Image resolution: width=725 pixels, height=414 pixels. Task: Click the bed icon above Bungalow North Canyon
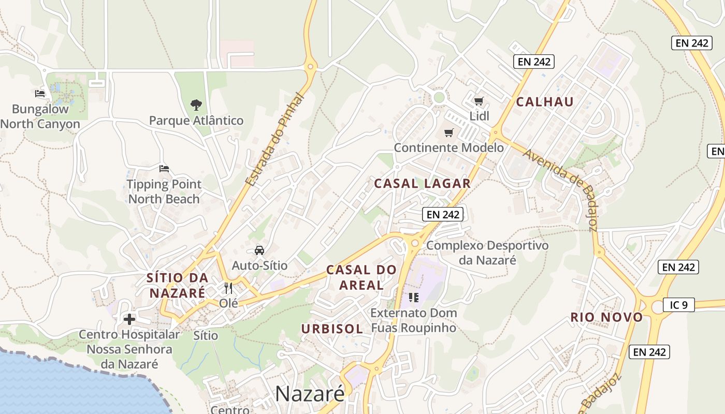coord(40,94)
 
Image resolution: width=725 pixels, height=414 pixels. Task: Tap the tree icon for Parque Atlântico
coord(196,105)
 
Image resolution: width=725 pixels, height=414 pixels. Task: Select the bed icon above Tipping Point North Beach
coord(164,168)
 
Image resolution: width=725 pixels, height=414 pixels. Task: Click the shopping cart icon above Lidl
coord(479,101)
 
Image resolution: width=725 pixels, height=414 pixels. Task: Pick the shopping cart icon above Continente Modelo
coord(448,132)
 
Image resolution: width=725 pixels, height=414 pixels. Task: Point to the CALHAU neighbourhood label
coord(545,101)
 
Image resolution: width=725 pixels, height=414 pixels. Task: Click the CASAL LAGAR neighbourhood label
coord(422,183)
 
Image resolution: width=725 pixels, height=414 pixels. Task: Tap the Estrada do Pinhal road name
coord(273,140)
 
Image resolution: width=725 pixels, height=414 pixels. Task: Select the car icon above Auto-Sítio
coord(259,250)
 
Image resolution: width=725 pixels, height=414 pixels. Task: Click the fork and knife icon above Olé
coord(228,288)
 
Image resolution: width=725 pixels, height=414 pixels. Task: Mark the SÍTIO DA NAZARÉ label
coord(178,285)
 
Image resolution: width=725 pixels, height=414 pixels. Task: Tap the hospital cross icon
coord(129,319)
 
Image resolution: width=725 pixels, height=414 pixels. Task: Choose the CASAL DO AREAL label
coord(361,277)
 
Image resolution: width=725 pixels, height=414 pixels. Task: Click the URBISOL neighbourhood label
coord(332,329)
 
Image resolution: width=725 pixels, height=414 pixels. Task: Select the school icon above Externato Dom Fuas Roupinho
coord(413,297)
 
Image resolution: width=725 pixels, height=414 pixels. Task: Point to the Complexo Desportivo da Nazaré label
coord(487,252)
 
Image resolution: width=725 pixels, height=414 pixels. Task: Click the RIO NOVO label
coord(606,317)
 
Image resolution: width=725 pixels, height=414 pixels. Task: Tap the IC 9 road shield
coord(678,305)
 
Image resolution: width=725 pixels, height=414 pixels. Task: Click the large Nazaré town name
coord(310,394)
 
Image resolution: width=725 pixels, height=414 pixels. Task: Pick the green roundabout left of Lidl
coord(439,97)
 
